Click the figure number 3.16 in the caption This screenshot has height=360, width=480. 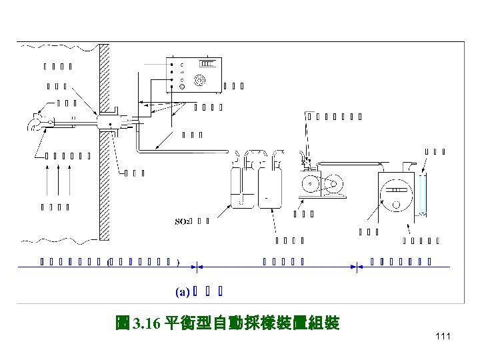coord(145,324)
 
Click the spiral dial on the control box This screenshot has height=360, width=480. coord(199,79)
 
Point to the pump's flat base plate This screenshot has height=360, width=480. coord(325,198)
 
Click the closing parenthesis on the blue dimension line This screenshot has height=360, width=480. coord(179,261)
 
